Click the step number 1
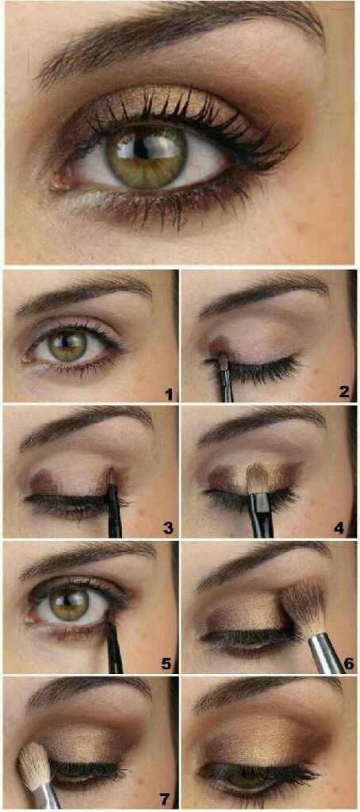coord(169,393)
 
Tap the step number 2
coord(343,393)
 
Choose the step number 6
coord(347,663)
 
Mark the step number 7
coord(166,797)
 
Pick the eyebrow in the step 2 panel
coord(262,297)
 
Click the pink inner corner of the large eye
coord(60,180)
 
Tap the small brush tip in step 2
coord(222,364)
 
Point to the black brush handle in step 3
coord(114,515)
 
